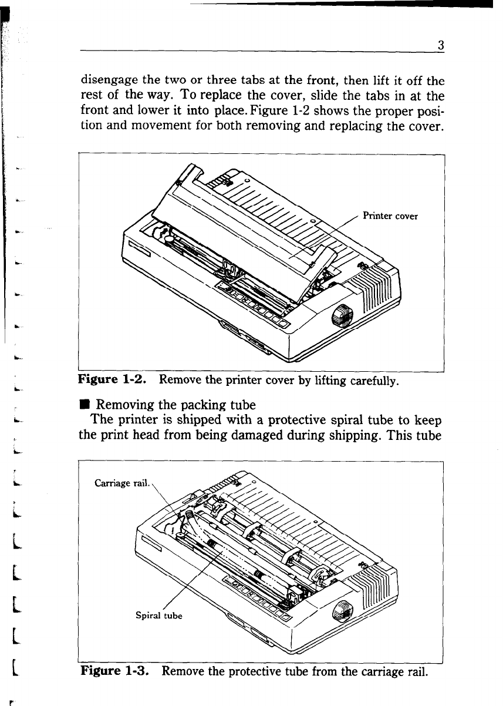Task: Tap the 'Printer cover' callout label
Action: [x=390, y=216]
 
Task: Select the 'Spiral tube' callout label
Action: [x=159, y=616]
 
